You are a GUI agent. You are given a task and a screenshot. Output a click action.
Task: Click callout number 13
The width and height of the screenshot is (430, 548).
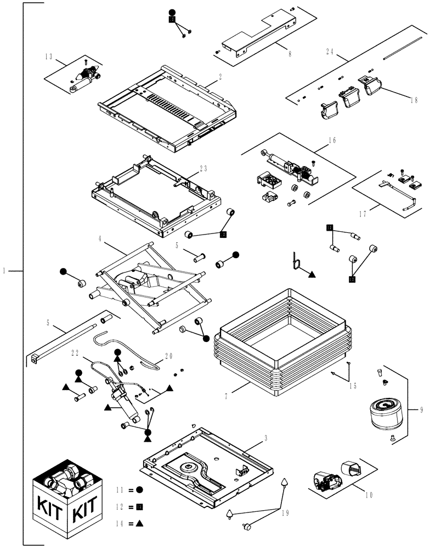(49, 56)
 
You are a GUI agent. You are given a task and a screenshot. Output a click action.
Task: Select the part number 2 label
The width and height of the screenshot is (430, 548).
(220, 77)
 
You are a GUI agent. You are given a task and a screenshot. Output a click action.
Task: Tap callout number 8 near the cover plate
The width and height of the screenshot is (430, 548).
(290, 54)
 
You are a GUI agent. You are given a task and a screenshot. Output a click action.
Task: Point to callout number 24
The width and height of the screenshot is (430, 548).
(330, 52)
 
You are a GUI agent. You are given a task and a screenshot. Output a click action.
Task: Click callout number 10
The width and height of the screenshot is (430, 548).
(368, 495)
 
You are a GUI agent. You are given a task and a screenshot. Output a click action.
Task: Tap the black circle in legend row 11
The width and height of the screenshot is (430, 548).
(140, 490)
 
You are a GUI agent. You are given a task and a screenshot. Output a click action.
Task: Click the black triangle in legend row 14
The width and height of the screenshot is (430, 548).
(140, 523)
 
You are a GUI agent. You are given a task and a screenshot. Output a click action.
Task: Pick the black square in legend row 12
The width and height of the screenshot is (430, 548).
(140, 507)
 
